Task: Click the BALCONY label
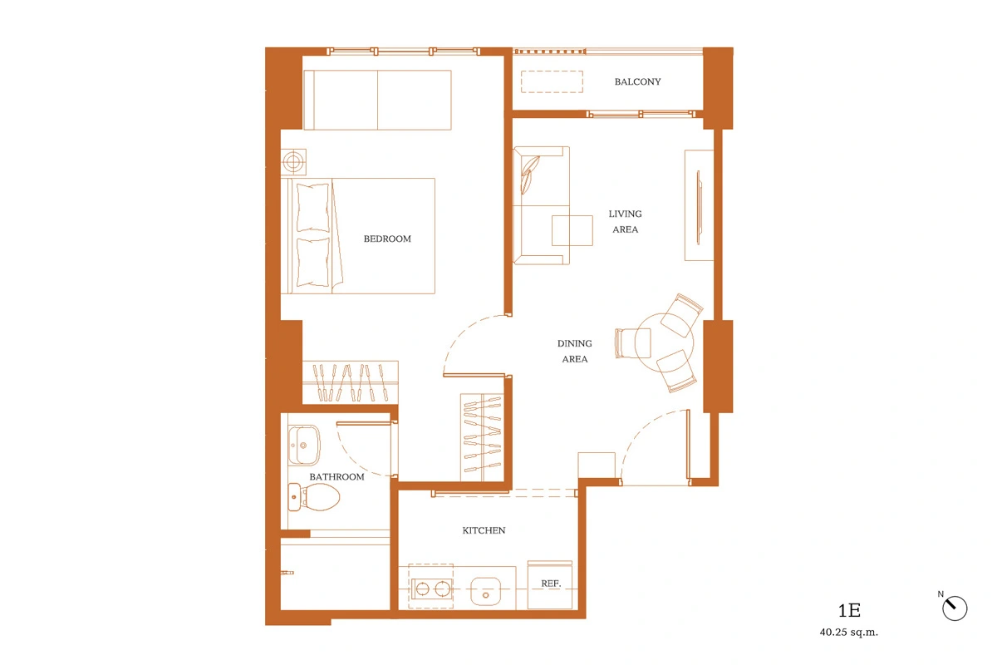point(637,81)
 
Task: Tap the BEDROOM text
point(387,239)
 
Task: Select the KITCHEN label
point(484,530)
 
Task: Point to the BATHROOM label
point(337,477)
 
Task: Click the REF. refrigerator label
point(551,584)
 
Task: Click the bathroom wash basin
point(304,445)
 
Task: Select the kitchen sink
point(485,592)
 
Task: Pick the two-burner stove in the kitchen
point(432,589)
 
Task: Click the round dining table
point(664,342)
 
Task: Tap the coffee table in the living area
point(572,230)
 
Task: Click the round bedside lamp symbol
point(293,161)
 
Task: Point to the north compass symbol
point(955,608)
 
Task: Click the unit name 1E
point(849,611)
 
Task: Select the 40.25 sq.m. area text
point(849,633)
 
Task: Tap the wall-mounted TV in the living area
point(699,208)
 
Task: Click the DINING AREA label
point(575,351)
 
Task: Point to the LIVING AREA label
point(625,221)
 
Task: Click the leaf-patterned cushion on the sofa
point(529,175)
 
